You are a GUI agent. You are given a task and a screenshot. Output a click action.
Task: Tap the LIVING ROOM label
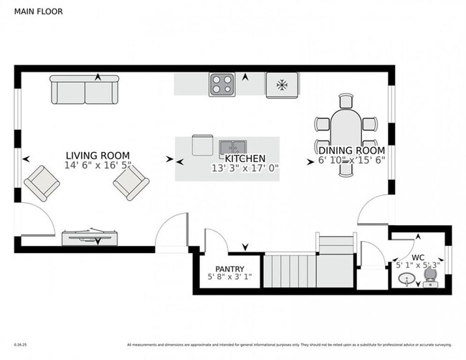pyautogui.click(x=98, y=156)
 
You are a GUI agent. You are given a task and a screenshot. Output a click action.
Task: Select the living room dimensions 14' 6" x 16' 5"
pyautogui.click(x=98, y=166)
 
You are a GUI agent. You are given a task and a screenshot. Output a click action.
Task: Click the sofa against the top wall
pyautogui.click(x=85, y=90)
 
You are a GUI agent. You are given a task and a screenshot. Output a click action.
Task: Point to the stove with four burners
pyautogui.click(x=222, y=85)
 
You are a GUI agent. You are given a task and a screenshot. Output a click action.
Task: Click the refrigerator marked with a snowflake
pyautogui.click(x=282, y=85)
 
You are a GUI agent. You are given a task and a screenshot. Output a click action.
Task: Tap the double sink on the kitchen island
pyautogui.click(x=232, y=147)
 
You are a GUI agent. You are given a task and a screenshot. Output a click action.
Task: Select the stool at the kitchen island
pyautogui.click(x=202, y=145)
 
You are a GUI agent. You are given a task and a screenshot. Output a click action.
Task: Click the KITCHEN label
pyautogui.click(x=245, y=158)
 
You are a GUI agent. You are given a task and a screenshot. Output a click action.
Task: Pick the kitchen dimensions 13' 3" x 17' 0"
pyautogui.click(x=244, y=169)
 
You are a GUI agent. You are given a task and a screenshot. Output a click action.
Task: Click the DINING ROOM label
pyautogui.click(x=351, y=151)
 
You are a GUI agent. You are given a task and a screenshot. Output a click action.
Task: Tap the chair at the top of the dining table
pyautogui.click(x=347, y=100)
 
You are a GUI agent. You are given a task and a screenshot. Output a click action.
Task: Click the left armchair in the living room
pyautogui.click(x=42, y=183)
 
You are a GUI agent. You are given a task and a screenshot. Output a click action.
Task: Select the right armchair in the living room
pyautogui.click(x=131, y=184)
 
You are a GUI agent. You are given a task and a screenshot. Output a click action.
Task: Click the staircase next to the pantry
pyautogui.click(x=308, y=269)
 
